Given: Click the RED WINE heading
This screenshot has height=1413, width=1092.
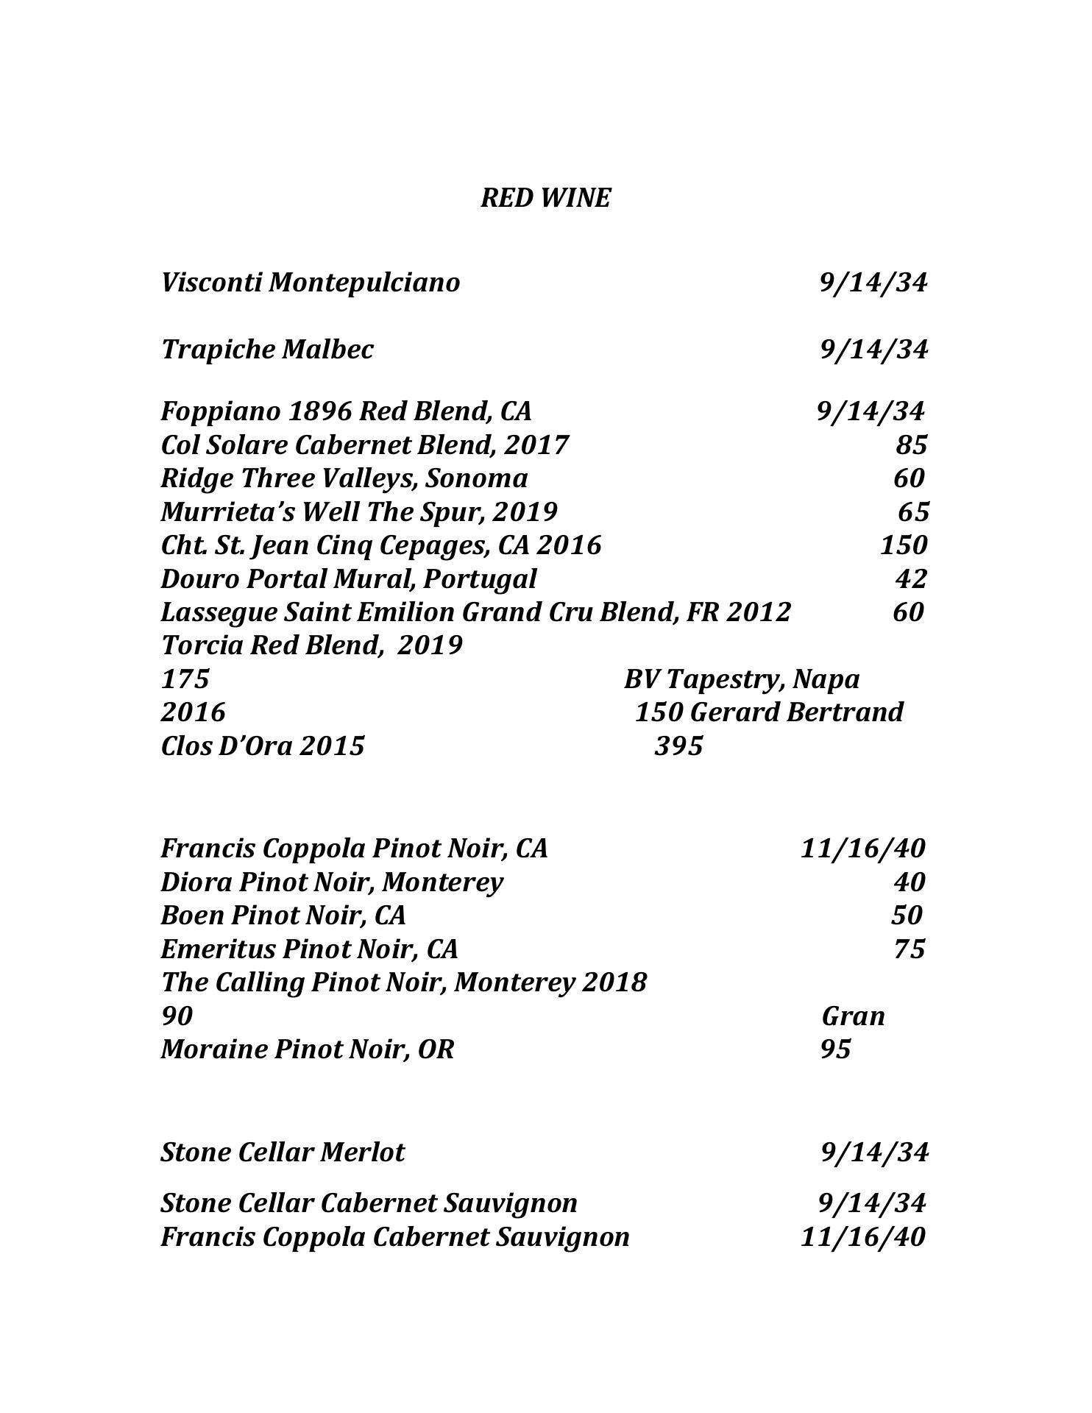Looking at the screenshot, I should pos(545,198).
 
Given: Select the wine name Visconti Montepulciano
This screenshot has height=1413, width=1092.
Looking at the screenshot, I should pos(310,283).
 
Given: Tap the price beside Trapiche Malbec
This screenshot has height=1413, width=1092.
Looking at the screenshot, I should pos(873,349).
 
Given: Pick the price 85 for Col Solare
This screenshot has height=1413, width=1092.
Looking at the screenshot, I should pos(911,445).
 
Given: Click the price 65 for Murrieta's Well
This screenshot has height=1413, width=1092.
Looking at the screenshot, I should pos(913,511).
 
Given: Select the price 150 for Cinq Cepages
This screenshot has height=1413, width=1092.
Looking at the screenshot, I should pos(904,545).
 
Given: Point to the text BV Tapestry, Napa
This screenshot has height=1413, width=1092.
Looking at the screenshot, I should pos(741,679).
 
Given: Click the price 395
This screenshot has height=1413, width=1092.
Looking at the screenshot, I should pos(678,746).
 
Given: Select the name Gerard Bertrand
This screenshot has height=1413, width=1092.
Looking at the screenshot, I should pos(798,712).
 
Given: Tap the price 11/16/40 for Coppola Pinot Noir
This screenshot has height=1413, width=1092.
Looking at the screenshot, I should pos(862,849).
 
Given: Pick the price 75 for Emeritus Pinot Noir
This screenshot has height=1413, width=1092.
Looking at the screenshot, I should pos(910,949).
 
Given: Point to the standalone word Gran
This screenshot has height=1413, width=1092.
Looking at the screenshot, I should pos(853,1016).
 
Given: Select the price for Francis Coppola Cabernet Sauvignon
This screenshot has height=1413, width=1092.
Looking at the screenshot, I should pos(862,1237).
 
